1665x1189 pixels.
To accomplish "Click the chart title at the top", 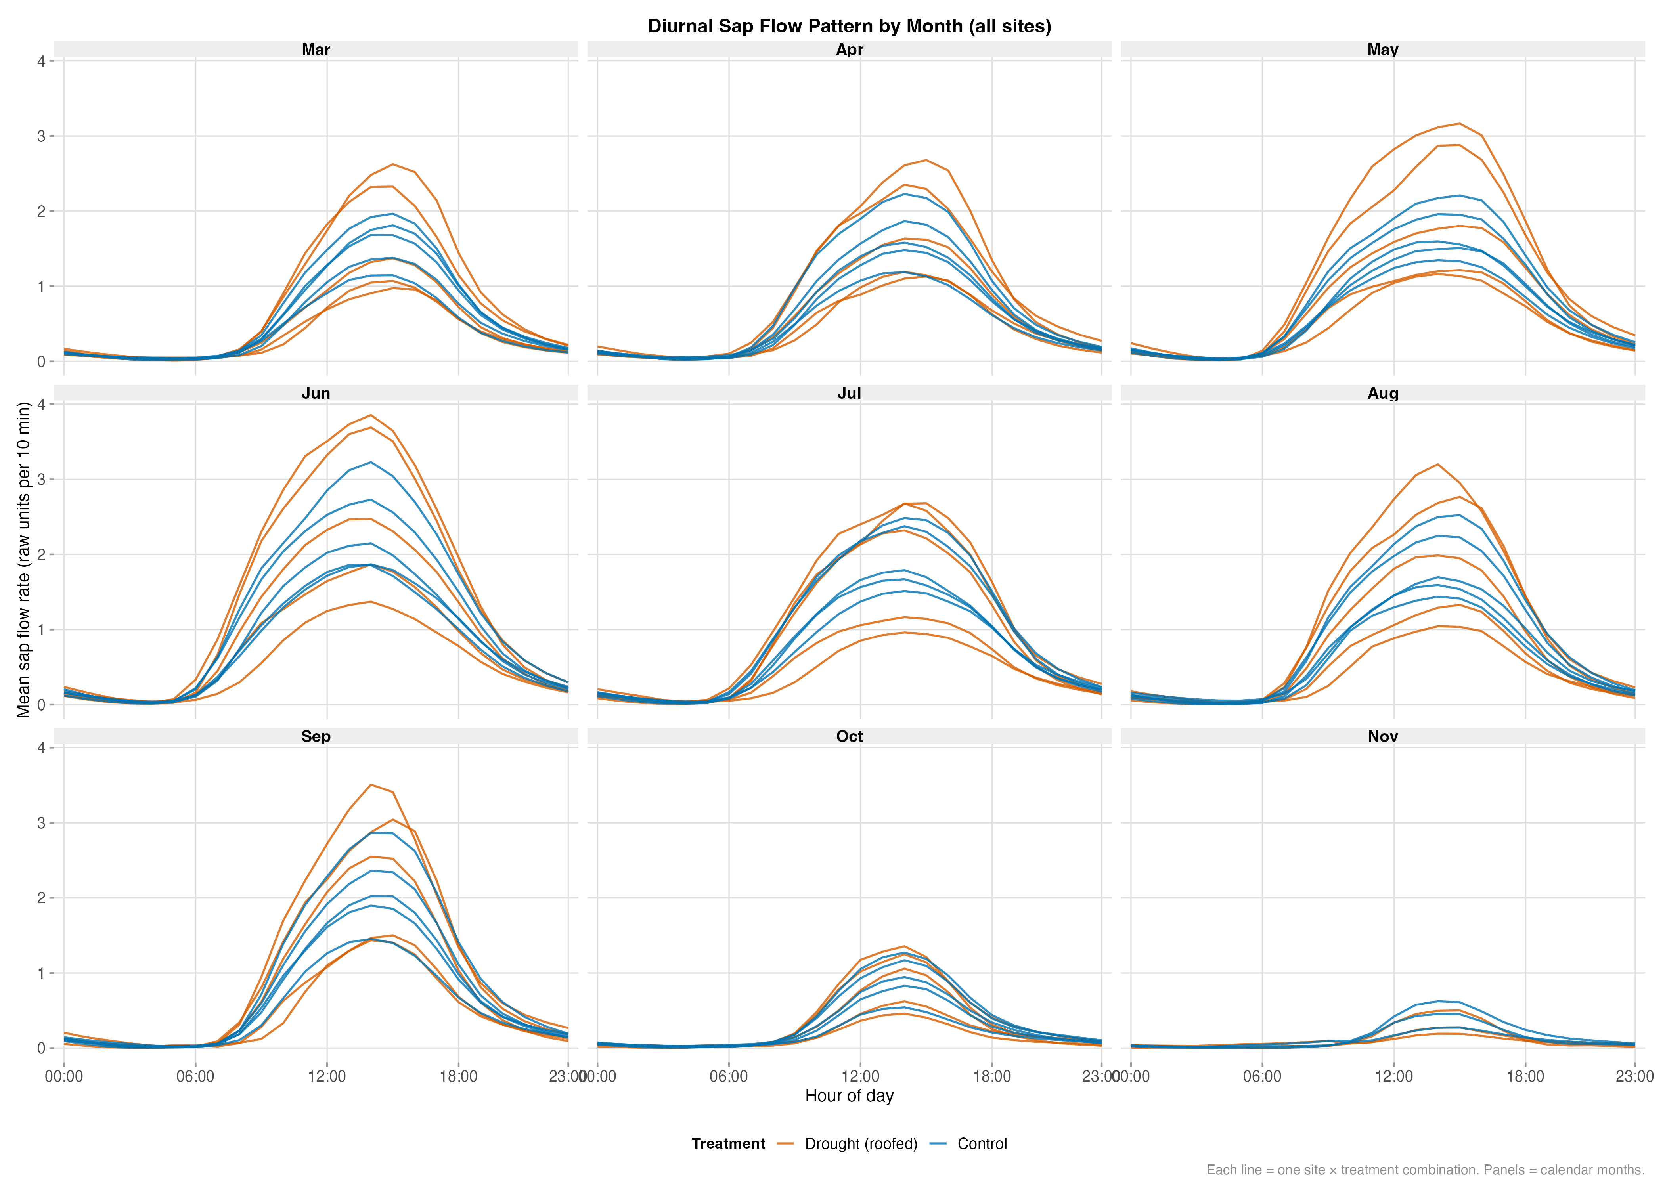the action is coord(849,27).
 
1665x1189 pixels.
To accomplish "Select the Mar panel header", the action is coord(316,50).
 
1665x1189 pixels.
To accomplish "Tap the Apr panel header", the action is coord(849,50).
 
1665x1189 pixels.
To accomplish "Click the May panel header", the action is coord(1382,50).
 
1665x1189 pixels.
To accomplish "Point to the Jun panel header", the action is coord(316,393).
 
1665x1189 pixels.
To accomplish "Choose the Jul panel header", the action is coord(849,393).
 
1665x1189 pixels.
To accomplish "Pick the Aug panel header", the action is coord(1382,393).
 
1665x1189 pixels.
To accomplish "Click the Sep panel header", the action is coord(316,736).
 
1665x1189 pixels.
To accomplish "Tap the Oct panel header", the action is coord(849,736).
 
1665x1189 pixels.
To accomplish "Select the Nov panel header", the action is coord(1382,736).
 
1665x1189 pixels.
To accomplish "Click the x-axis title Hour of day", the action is coord(849,1096).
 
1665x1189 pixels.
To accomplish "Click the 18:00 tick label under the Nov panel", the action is coord(1525,1076).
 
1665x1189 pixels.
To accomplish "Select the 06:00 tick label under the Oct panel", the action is coord(729,1076).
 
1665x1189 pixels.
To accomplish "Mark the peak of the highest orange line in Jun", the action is coord(371,415).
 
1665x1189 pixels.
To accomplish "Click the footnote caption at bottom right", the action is coord(1425,1170).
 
